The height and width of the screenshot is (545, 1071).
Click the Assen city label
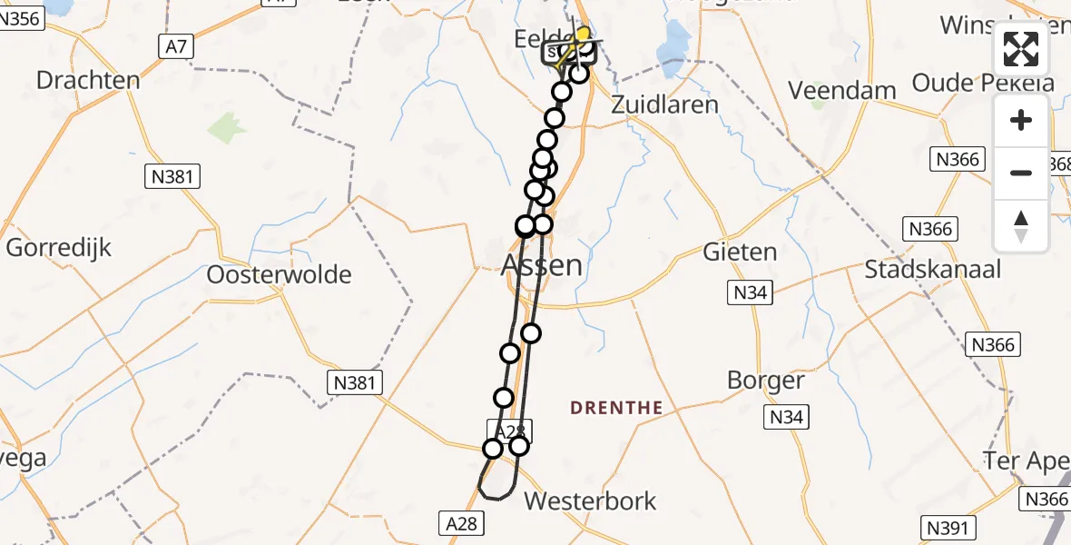[x=542, y=265]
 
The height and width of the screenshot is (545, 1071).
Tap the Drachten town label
[x=88, y=80]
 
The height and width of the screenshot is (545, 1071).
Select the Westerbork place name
[x=590, y=500]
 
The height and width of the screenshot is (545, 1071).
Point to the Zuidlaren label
[x=665, y=104]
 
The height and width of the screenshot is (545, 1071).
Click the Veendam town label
[x=842, y=91]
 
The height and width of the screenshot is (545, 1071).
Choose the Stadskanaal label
[x=932, y=269]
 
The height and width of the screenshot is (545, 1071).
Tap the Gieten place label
[x=741, y=252]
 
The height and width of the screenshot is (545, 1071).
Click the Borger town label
[x=766, y=381]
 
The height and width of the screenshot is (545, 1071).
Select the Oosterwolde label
[x=280, y=274]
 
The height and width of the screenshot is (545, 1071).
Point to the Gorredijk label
[x=59, y=247]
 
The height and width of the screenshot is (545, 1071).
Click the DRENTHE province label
[x=616, y=408]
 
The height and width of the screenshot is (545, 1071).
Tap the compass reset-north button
[x=1021, y=226]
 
